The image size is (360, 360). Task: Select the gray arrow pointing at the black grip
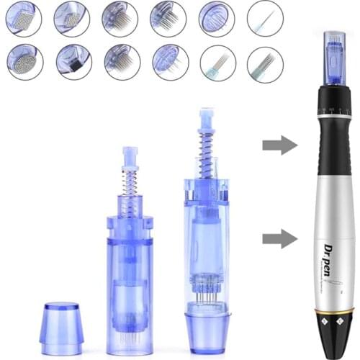279,145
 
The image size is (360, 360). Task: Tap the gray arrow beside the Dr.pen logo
279,238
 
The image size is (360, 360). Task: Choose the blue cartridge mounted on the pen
333,54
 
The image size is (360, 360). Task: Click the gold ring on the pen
333,310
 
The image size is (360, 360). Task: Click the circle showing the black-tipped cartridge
73,61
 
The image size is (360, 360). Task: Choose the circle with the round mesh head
24,61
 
